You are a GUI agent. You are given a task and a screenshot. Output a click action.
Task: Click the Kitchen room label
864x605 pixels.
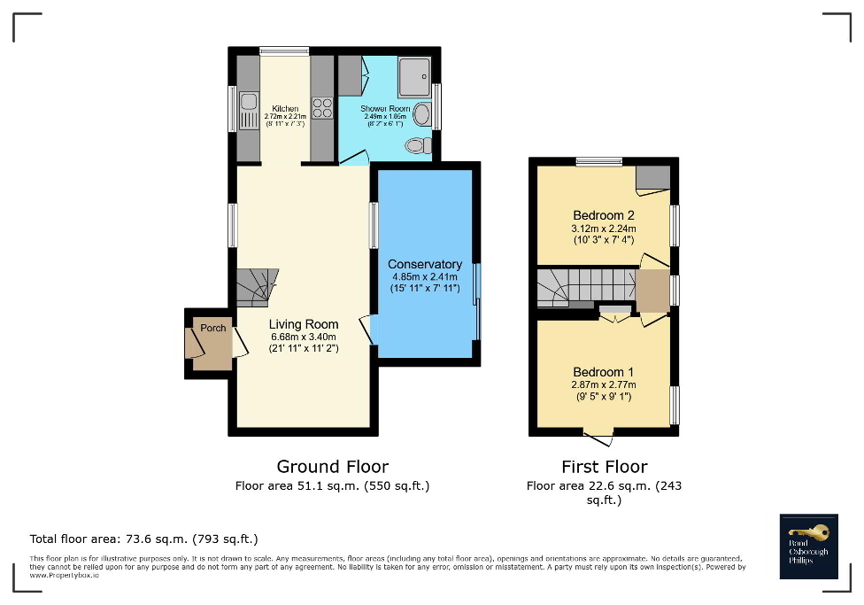(285, 108)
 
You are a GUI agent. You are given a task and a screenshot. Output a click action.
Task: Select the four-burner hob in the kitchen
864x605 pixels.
(322, 107)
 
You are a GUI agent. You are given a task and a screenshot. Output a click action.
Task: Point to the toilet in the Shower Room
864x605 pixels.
(416, 144)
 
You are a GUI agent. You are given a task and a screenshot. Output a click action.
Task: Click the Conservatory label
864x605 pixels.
(425, 264)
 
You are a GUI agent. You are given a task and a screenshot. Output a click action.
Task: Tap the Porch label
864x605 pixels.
(212, 328)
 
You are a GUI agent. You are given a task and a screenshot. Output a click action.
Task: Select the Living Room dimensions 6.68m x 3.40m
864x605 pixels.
(304, 337)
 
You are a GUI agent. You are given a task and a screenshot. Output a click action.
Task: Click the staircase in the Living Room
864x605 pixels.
(257, 287)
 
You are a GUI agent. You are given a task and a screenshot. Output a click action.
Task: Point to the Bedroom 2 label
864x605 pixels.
(604, 215)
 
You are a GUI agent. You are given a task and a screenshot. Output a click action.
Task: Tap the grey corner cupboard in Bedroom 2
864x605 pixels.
(653, 177)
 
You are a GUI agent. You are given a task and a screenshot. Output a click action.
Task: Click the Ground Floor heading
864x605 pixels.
(332, 466)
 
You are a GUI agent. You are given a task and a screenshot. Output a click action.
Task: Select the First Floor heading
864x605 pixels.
(604, 466)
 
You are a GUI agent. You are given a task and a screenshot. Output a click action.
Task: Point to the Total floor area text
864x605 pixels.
(143, 539)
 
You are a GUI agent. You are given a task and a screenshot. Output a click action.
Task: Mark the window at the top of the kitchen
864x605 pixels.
(284, 51)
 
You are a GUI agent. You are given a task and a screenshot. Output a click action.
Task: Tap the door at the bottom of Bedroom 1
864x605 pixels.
(599, 437)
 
